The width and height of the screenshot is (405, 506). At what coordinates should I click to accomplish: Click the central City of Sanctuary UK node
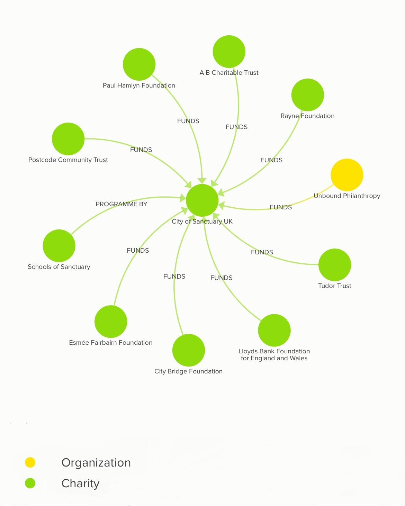point(202,200)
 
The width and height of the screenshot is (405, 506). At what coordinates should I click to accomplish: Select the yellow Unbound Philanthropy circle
point(347,175)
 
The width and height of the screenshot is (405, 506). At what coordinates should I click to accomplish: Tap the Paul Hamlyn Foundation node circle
point(139,64)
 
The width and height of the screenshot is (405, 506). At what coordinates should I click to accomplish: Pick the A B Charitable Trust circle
point(229,52)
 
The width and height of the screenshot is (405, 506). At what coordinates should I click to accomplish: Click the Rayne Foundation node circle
point(307,95)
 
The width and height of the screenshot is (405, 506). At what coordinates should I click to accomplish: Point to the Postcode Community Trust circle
point(68,139)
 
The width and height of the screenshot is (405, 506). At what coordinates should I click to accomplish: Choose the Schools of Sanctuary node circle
point(59,246)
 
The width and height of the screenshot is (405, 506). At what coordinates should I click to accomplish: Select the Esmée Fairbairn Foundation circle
point(111,322)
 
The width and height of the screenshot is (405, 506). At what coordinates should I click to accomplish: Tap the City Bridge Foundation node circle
point(189,350)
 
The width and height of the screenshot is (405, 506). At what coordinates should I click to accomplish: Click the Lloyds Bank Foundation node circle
point(274,330)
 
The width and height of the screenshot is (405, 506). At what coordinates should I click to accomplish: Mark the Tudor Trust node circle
point(334,265)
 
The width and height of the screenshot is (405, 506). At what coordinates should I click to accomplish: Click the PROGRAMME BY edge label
point(121,204)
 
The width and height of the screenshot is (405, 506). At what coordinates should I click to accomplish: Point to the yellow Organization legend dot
point(30,462)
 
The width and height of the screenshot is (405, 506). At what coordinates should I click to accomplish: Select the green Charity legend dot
point(30,483)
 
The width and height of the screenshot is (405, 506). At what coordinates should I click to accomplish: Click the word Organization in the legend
point(96,463)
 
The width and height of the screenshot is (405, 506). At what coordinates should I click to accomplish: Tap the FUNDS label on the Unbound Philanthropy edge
point(281,207)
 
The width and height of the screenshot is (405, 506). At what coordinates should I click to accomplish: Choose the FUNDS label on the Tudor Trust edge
point(262,252)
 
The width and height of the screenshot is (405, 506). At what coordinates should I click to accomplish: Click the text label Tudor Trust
point(334,286)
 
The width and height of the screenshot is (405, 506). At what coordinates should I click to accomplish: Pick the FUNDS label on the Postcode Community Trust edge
point(141,150)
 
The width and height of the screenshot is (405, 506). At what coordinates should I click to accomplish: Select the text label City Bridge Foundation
point(188,371)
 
